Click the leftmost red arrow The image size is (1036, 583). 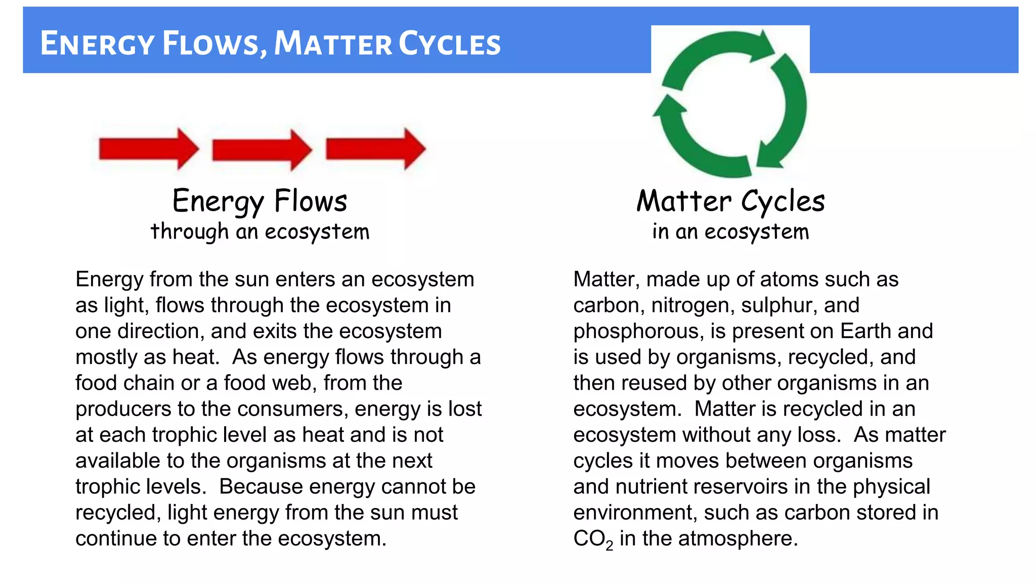coord(148,149)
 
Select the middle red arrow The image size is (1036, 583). coord(262,150)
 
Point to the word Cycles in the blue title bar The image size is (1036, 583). coord(450,44)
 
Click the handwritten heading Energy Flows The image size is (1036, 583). coord(260,201)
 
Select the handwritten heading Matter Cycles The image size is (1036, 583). coord(730,201)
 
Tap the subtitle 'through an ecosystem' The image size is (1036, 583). coord(260,232)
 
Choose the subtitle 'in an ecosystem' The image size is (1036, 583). coord(730,232)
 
